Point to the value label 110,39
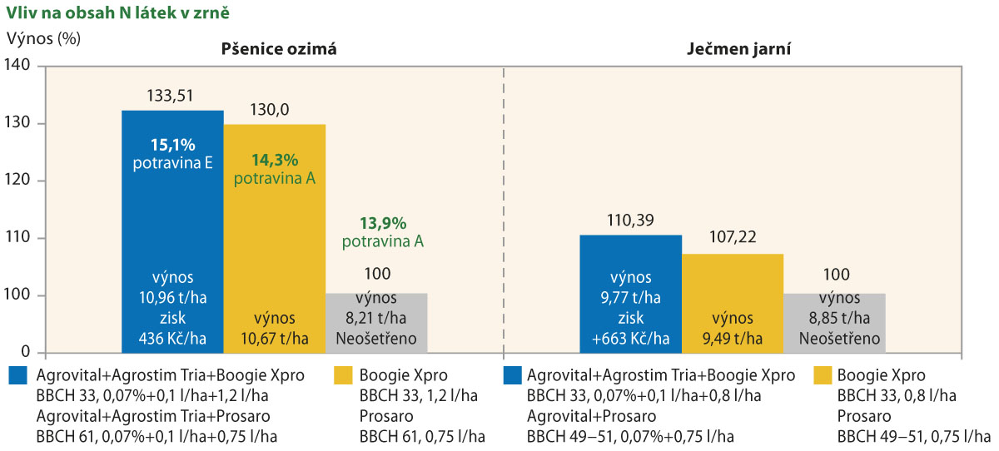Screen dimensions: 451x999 (x=630, y=220)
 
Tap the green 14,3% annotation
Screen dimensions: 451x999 (x=274, y=160)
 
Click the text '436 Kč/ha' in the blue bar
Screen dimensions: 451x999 (x=173, y=339)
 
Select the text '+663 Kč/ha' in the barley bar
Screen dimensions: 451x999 (x=630, y=339)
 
